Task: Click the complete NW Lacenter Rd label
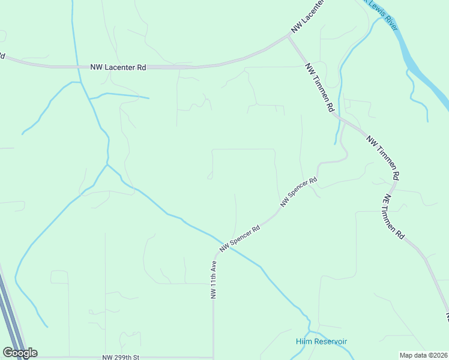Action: (x=118, y=68)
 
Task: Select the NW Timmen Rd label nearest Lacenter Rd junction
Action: (x=319, y=88)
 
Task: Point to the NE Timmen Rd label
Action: (x=393, y=217)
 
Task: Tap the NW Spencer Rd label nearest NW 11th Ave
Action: (x=240, y=238)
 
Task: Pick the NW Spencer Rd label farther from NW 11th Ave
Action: (x=298, y=192)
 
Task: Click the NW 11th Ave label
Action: (x=214, y=280)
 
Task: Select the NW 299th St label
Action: (x=121, y=358)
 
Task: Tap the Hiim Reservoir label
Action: (x=321, y=341)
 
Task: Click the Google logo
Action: (x=20, y=353)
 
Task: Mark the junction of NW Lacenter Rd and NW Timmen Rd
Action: (x=289, y=37)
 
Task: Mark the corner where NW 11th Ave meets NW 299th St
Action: (x=214, y=358)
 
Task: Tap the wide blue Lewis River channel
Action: (x=420, y=66)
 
